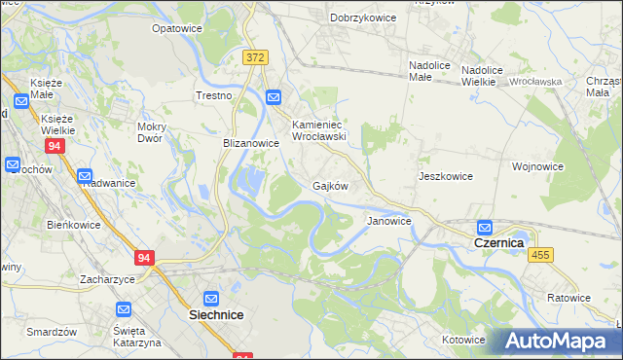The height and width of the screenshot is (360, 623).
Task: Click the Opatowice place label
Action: [x=176, y=28]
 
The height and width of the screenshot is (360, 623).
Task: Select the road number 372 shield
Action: [x=255, y=58]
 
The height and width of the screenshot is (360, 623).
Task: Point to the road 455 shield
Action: [x=541, y=254]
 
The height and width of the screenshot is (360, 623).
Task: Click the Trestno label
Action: [x=213, y=95]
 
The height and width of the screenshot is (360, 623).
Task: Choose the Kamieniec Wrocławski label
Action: [x=327, y=130]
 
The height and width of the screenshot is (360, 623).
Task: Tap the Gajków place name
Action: [x=330, y=185]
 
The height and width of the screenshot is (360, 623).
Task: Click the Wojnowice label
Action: [x=538, y=166]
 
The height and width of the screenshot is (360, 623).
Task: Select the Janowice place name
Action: [x=388, y=221]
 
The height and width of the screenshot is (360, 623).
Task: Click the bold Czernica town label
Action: [x=499, y=242]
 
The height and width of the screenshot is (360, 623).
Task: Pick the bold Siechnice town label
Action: [x=215, y=315]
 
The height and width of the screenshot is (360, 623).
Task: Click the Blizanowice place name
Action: [x=251, y=142]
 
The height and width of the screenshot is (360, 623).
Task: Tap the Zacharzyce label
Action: [x=107, y=277]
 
